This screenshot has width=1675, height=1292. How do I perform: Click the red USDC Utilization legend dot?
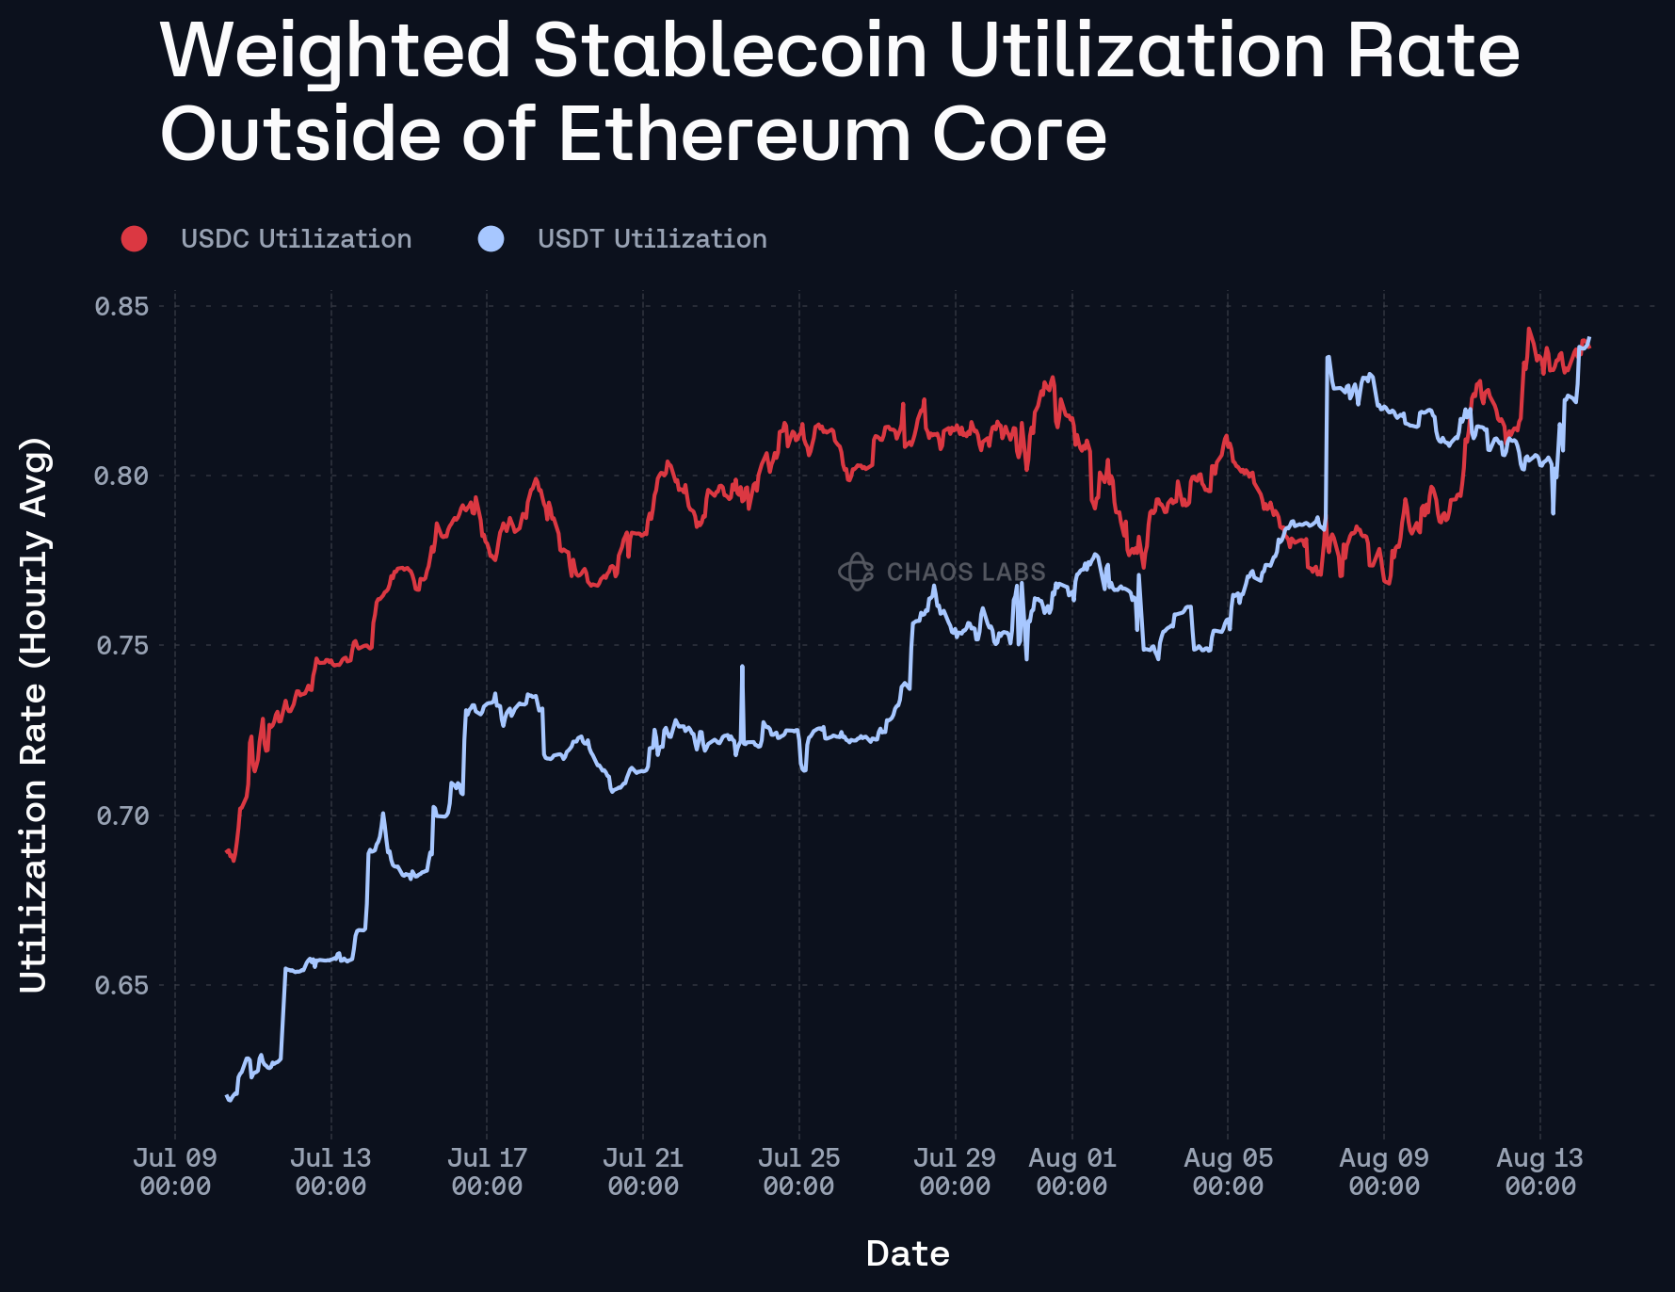pyautogui.click(x=135, y=239)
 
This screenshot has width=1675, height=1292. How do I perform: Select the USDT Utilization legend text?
pyautogui.click(x=652, y=239)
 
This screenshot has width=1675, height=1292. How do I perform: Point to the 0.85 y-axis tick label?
pyautogui.click(x=121, y=306)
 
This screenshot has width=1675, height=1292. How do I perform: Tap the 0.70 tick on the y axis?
pyautogui.click(x=121, y=816)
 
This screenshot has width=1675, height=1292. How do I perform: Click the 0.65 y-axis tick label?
pyautogui.click(x=121, y=985)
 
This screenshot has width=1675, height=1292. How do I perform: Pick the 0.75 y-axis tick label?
pyautogui.click(x=121, y=645)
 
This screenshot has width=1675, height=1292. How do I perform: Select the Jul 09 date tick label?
pyautogui.click(x=175, y=1171)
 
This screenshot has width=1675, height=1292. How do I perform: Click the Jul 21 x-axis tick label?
pyautogui.click(x=643, y=1171)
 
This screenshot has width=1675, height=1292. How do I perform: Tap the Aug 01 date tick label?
pyautogui.click(x=1072, y=1171)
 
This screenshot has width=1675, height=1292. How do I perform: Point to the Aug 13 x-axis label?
pyautogui.click(x=1540, y=1171)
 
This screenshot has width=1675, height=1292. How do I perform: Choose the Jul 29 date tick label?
pyautogui.click(x=955, y=1171)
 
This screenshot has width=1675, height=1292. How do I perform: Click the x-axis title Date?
pyautogui.click(x=908, y=1253)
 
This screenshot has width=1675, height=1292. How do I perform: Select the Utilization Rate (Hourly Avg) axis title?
pyautogui.click(x=33, y=714)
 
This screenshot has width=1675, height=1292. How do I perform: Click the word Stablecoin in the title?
pyautogui.click(x=731, y=51)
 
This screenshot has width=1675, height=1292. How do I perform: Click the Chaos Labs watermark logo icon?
pyautogui.click(x=856, y=572)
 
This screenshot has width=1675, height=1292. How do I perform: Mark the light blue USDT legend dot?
pyautogui.click(x=491, y=239)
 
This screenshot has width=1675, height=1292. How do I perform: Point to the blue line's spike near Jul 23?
pyautogui.click(x=742, y=667)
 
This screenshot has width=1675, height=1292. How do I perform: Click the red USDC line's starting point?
pyautogui.click(x=227, y=851)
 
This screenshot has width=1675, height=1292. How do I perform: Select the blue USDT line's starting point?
pyautogui.click(x=227, y=1097)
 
